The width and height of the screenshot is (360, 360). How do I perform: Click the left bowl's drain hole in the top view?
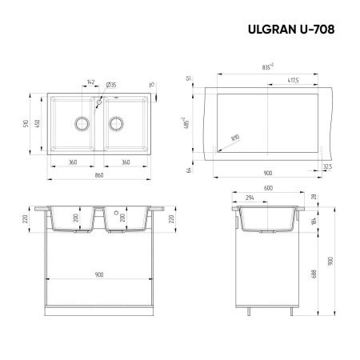81,124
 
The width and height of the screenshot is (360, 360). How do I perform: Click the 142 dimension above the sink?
90,82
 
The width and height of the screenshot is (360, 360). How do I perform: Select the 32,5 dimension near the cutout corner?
327,166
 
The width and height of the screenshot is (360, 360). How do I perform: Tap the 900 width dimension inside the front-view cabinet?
99,275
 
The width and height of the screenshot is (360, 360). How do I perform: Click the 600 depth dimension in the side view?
268,190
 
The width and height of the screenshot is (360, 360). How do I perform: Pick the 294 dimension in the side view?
250,198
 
